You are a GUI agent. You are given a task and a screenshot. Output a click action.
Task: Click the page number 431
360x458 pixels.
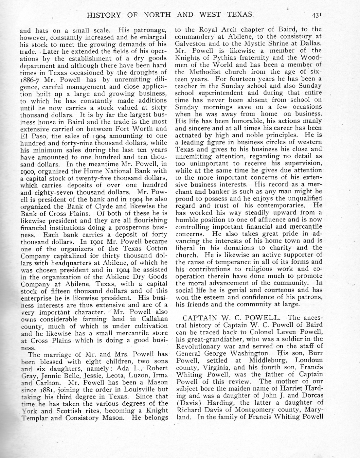317,15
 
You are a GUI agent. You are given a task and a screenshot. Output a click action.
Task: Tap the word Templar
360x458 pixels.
34,418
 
